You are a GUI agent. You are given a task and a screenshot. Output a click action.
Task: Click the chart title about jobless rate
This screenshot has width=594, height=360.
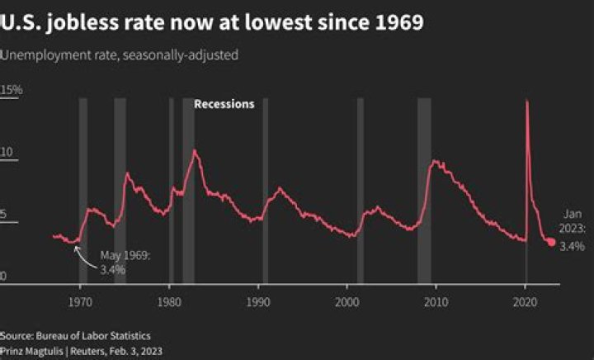point(212,22)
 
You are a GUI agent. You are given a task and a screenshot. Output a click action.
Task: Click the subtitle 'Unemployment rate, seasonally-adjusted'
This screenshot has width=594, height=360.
point(120,55)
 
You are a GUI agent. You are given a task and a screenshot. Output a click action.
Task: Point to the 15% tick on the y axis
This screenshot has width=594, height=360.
point(12,89)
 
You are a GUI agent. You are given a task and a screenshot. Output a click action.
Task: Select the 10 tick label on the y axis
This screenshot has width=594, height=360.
point(7,153)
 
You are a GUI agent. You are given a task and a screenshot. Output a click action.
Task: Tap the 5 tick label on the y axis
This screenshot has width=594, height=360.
point(4,215)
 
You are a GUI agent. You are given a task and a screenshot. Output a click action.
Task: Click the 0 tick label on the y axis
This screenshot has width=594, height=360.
point(3,277)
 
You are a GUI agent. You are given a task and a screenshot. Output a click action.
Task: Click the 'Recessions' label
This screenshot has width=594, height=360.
point(224,104)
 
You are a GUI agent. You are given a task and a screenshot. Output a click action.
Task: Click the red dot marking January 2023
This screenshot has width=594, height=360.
point(551,242)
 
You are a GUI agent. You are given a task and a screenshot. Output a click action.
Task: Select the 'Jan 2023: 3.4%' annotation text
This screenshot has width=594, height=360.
point(573,230)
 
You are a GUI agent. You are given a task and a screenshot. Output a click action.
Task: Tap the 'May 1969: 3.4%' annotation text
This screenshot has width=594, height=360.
point(125,263)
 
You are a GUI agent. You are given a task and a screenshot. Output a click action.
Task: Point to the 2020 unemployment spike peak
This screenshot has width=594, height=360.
point(526,101)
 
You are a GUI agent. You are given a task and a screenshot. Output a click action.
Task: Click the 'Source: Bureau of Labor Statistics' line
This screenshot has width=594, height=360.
point(75,337)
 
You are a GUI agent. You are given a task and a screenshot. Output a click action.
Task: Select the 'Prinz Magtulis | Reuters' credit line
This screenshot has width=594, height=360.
point(81,351)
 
